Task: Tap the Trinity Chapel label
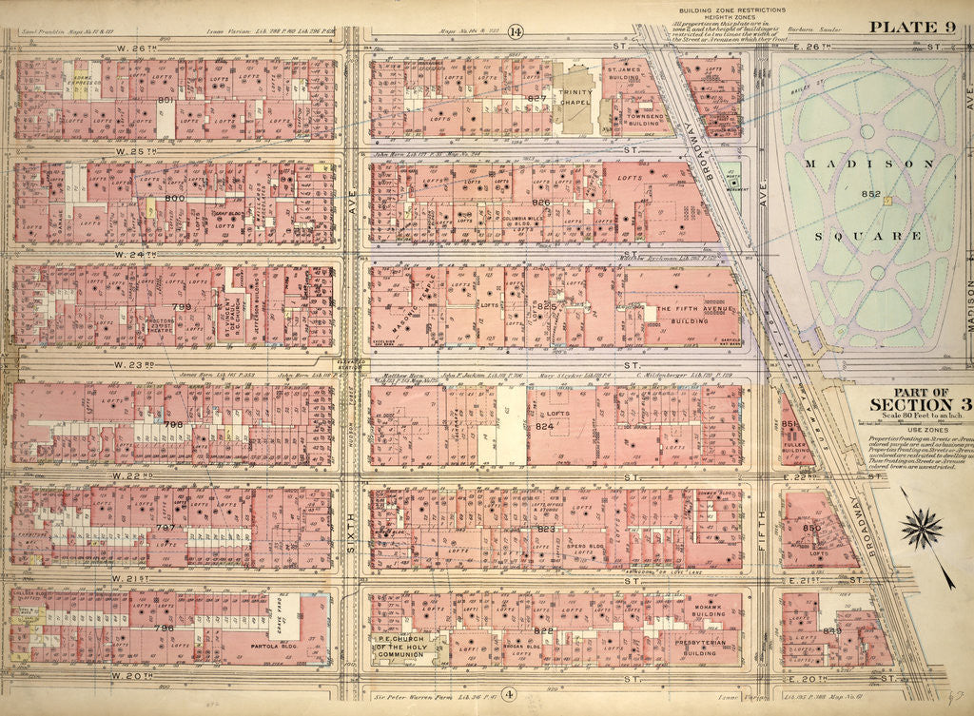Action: (x=576, y=98)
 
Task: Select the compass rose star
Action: (x=921, y=527)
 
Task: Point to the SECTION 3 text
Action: (x=914, y=404)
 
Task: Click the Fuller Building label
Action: (x=794, y=445)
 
